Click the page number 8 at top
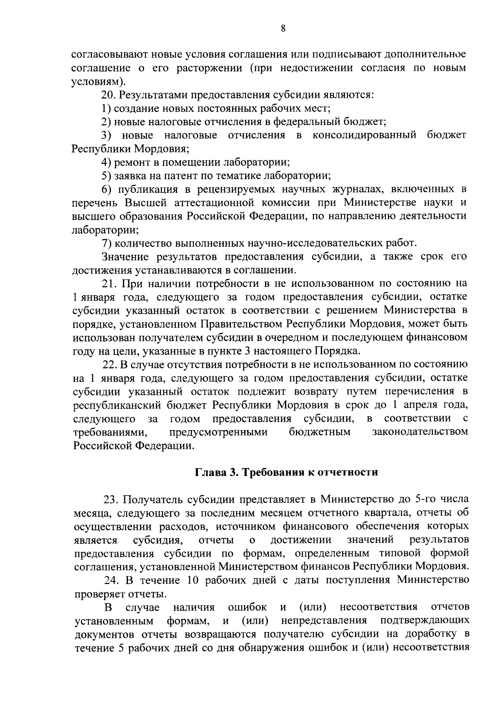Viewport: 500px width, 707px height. click(x=283, y=29)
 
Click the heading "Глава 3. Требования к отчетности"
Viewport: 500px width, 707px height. click(x=287, y=472)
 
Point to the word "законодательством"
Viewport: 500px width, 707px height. click(x=420, y=432)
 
